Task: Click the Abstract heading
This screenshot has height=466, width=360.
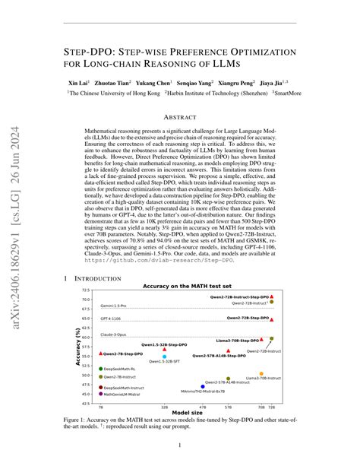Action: [180, 117]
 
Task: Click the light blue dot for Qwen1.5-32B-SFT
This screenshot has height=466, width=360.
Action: [165, 357]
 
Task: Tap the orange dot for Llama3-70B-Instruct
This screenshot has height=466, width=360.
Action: [261, 374]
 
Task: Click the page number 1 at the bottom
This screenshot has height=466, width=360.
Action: [180, 445]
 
